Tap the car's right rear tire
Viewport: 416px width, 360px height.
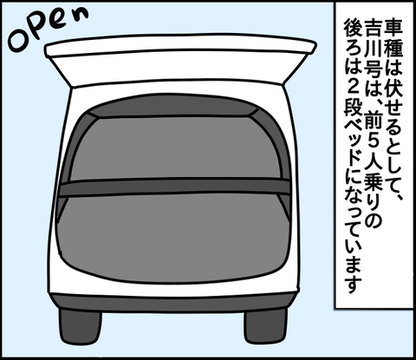(266, 325)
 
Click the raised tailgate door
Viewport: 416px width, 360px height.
(179, 61)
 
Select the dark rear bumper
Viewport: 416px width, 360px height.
(173, 303)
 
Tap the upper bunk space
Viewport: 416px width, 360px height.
(175, 147)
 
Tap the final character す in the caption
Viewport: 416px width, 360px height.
(353, 284)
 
